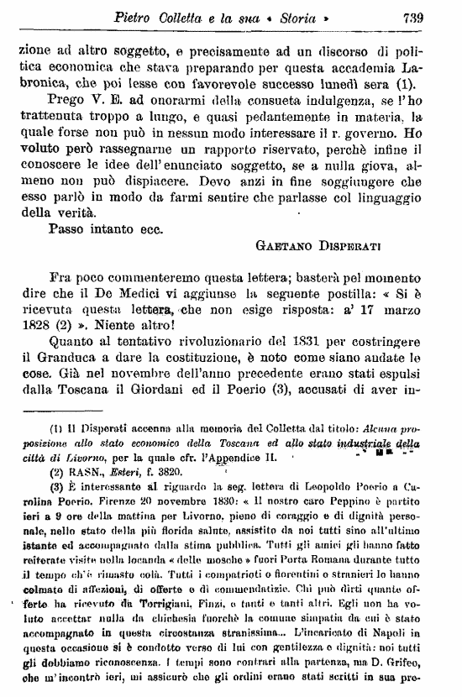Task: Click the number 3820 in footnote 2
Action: [x=152, y=471]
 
